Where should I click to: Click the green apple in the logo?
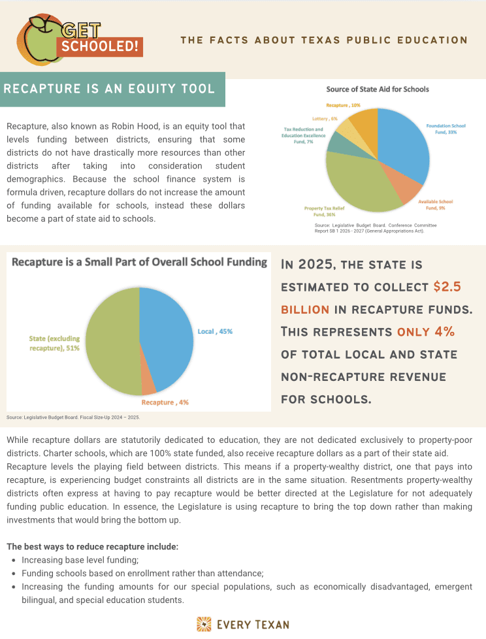41,41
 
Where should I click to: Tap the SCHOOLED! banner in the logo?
100,47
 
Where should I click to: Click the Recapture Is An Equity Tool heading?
109,88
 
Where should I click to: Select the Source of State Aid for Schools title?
378,89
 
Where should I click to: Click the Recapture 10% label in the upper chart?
344,105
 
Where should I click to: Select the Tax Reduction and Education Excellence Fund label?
302,135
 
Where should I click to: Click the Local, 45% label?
215,331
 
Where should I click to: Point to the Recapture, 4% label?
174,402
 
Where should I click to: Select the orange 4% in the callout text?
444,331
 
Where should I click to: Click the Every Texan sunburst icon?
204,624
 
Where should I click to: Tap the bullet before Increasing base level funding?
14,561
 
